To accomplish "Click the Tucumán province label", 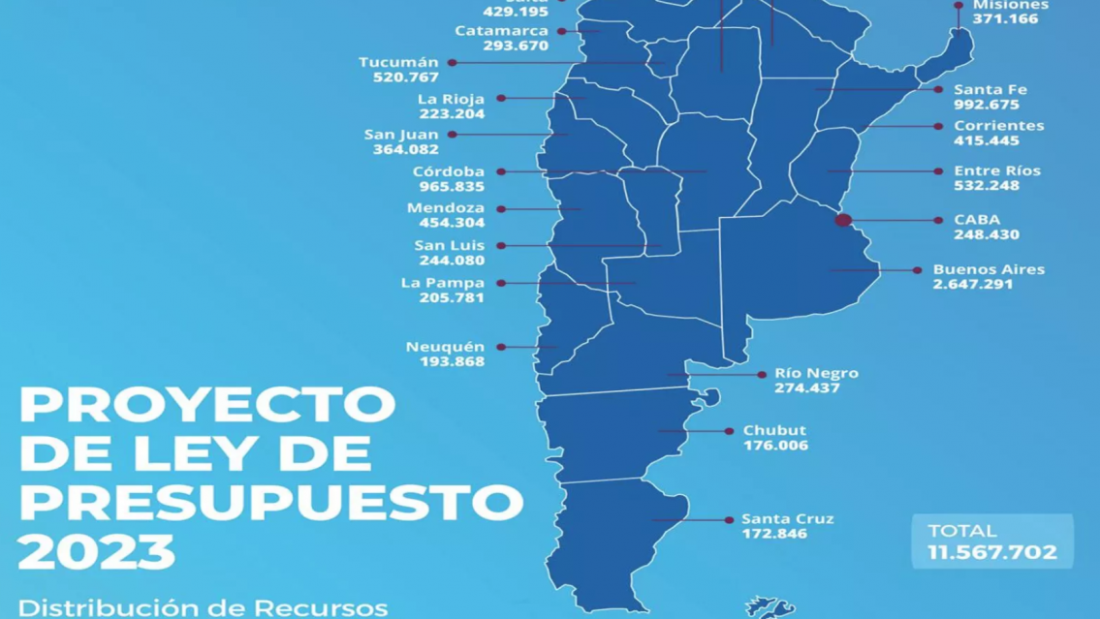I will pyautogui.click(x=398, y=62).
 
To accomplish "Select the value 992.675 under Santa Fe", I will pyautogui.click(x=987, y=105).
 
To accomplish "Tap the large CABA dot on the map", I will pyautogui.click(x=843, y=220).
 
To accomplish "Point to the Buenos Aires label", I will pyautogui.click(x=989, y=269).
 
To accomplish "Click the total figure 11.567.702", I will pyautogui.click(x=992, y=552).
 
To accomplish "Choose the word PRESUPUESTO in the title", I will pyautogui.click(x=271, y=502).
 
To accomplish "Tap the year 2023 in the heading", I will pyautogui.click(x=97, y=552).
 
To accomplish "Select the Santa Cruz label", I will pyautogui.click(x=787, y=519).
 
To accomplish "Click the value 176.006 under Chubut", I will pyautogui.click(x=775, y=446).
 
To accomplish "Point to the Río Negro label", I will pyautogui.click(x=816, y=373).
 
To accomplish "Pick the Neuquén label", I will pyautogui.click(x=445, y=347).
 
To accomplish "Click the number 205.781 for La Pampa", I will pyautogui.click(x=452, y=297).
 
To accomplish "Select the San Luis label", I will pyautogui.click(x=449, y=245).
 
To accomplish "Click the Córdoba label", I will pyautogui.click(x=449, y=171).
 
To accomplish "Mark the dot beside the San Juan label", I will pyautogui.click(x=453, y=135).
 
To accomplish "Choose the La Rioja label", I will pyautogui.click(x=451, y=99).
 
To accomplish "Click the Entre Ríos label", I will pyautogui.click(x=996, y=170).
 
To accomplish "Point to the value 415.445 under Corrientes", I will pyautogui.click(x=987, y=140).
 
